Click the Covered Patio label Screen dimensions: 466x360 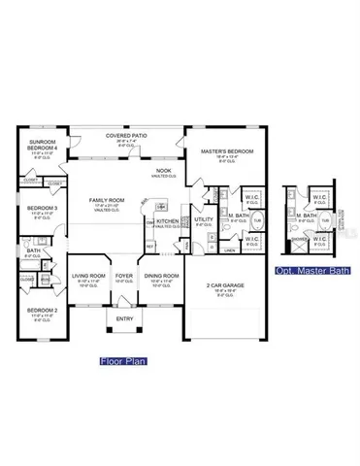[x=127, y=136]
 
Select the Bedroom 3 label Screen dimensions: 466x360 [x=42, y=208]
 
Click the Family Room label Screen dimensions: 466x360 [x=104, y=200]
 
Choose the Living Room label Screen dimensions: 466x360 [x=87, y=276]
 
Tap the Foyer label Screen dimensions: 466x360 [x=124, y=276]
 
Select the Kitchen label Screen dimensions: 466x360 [x=168, y=221]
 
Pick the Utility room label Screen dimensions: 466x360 [x=203, y=220]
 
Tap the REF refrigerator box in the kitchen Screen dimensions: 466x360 [x=149, y=246]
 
